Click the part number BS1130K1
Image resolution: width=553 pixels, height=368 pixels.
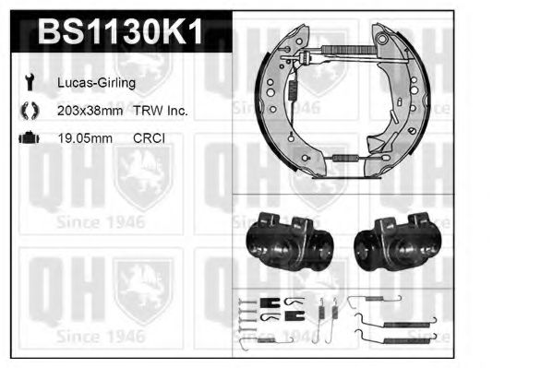[x=120, y=31]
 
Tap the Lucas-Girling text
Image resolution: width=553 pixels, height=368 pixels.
[x=96, y=83]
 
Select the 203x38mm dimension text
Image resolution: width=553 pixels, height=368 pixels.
[x=90, y=111]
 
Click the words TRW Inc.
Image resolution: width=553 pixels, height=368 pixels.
[x=160, y=111]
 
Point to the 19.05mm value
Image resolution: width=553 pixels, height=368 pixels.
[x=85, y=138]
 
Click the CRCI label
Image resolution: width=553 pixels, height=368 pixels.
[x=149, y=138]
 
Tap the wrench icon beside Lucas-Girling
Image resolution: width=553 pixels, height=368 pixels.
[x=30, y=82]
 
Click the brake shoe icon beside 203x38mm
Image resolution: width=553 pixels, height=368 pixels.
[x=30, y=111]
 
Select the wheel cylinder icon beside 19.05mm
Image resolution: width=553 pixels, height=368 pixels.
[x=30, y=137]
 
